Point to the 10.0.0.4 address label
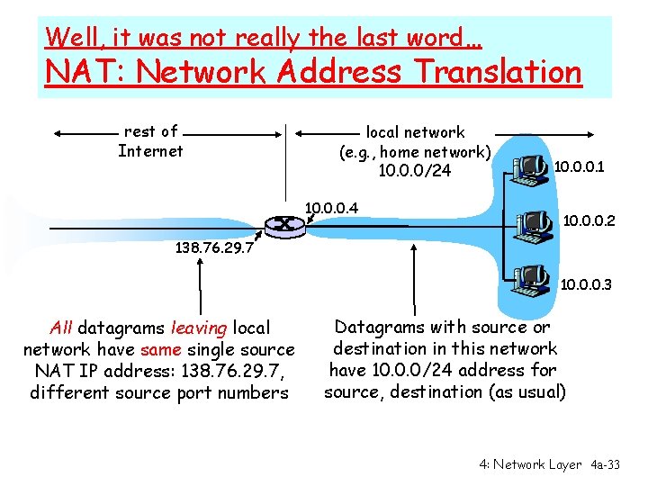332,209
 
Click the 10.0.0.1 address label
579,166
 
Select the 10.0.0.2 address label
589,219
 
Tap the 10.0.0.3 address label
586,285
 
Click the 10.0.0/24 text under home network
415,171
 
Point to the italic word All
61,328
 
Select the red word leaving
199,328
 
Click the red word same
160,349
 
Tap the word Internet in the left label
150,151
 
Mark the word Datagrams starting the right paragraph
377,327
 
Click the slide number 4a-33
605,464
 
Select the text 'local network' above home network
415,132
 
